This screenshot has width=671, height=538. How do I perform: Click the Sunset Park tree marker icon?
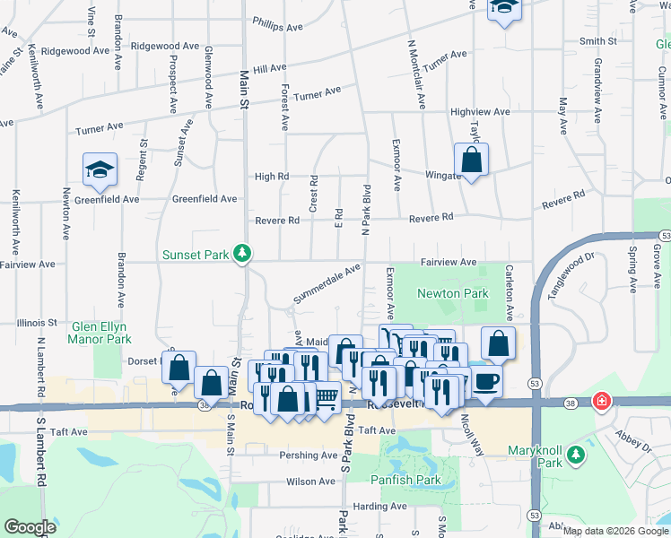click(x=241, y=255)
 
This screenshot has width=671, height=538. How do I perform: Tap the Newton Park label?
click(x=452, y=293)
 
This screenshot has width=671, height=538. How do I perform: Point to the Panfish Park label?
click(x=406, y=480)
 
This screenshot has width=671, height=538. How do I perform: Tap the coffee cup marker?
click(x=486, y=380)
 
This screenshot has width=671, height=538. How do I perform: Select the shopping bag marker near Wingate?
click(x=471, y=161)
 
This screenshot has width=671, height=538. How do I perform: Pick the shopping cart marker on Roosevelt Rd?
click(x=326, y=395)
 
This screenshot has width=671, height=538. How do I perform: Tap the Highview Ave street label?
click(x=480, y=112)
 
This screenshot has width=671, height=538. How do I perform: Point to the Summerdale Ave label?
click(x=327, y=282)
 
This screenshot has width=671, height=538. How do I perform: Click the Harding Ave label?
click(x=380, y=507)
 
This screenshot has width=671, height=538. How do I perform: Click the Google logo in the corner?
click(x=30, y=527)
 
